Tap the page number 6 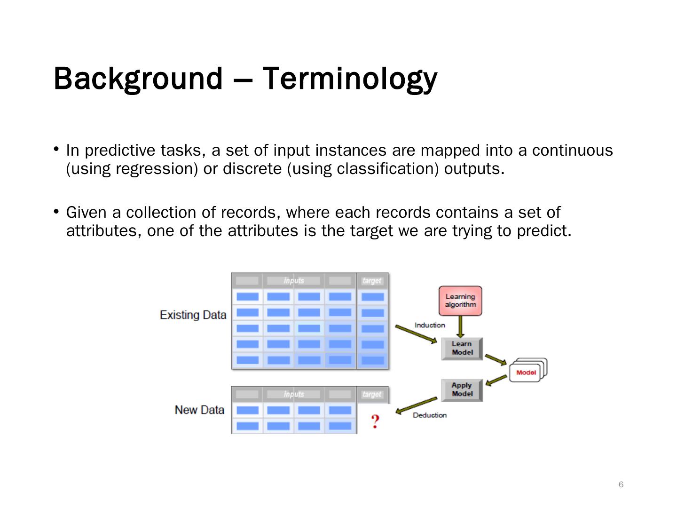pos(621,484)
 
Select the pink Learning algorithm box pos(460,301)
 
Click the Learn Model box pos(462,349)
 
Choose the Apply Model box pos(462,389)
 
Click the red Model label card pos(526,373)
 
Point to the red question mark pos(375,421)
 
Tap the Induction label pos(430,325)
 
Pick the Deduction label pos(430,415)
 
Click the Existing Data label pos(193,315)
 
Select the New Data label pos(199,410)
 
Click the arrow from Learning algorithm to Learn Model pos(461,326)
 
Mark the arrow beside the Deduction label pos(417,405)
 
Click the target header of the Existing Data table pos(372,281)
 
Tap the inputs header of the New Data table pos(294,394)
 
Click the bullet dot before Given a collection pos(56,212)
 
